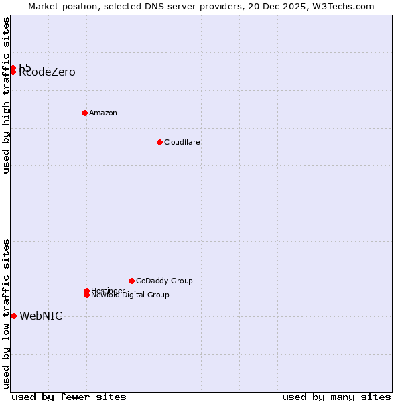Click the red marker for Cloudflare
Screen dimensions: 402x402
click(x=159, y=142)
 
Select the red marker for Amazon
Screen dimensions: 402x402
click(x=84, y=113)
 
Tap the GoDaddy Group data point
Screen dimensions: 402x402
click(x=131, y=281)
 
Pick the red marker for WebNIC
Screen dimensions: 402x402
click(x=13, y=316)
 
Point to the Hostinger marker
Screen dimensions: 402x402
click(x=86, y=291)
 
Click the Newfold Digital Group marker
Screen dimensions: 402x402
click(x=87, y=295)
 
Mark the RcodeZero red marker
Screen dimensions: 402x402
click(x=13, y=72)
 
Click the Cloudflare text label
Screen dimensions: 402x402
click(x=182, y=142)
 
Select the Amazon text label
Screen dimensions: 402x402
click(x=103, y=113)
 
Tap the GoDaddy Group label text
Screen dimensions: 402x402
click(x=164, y=281)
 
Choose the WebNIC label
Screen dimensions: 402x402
click(x=41, y=316)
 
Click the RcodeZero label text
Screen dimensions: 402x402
click(x=48, y=73)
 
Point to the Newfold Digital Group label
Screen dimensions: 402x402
click(x=131, y=295)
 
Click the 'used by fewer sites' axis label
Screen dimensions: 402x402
click(x=69, y=397)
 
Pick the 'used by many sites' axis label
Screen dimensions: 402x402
click(x=336, y=397)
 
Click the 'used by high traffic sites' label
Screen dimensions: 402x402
click(x=7, y=95)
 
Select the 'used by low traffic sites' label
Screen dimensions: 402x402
click(x=7, y=314)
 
